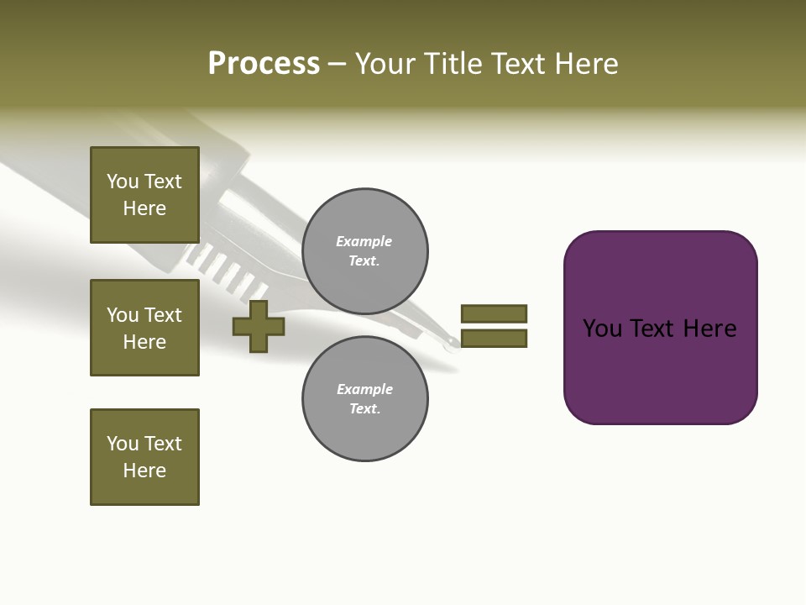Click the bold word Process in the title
click(264, 64)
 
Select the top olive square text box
click(144, 195)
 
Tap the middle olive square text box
click(144, 328)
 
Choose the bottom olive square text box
click(144, 457)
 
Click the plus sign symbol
click(259, 327)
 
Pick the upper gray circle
click(365, 251)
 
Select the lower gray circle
click(365, 399)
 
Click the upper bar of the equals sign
click(494, 314)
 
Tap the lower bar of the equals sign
click(494, 339)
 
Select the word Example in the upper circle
click(364, 241)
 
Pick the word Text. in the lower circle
click(365, 409)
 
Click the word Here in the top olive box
click(144, 208)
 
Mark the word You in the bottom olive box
click(123, 444)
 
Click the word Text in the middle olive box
click(163, 315)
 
